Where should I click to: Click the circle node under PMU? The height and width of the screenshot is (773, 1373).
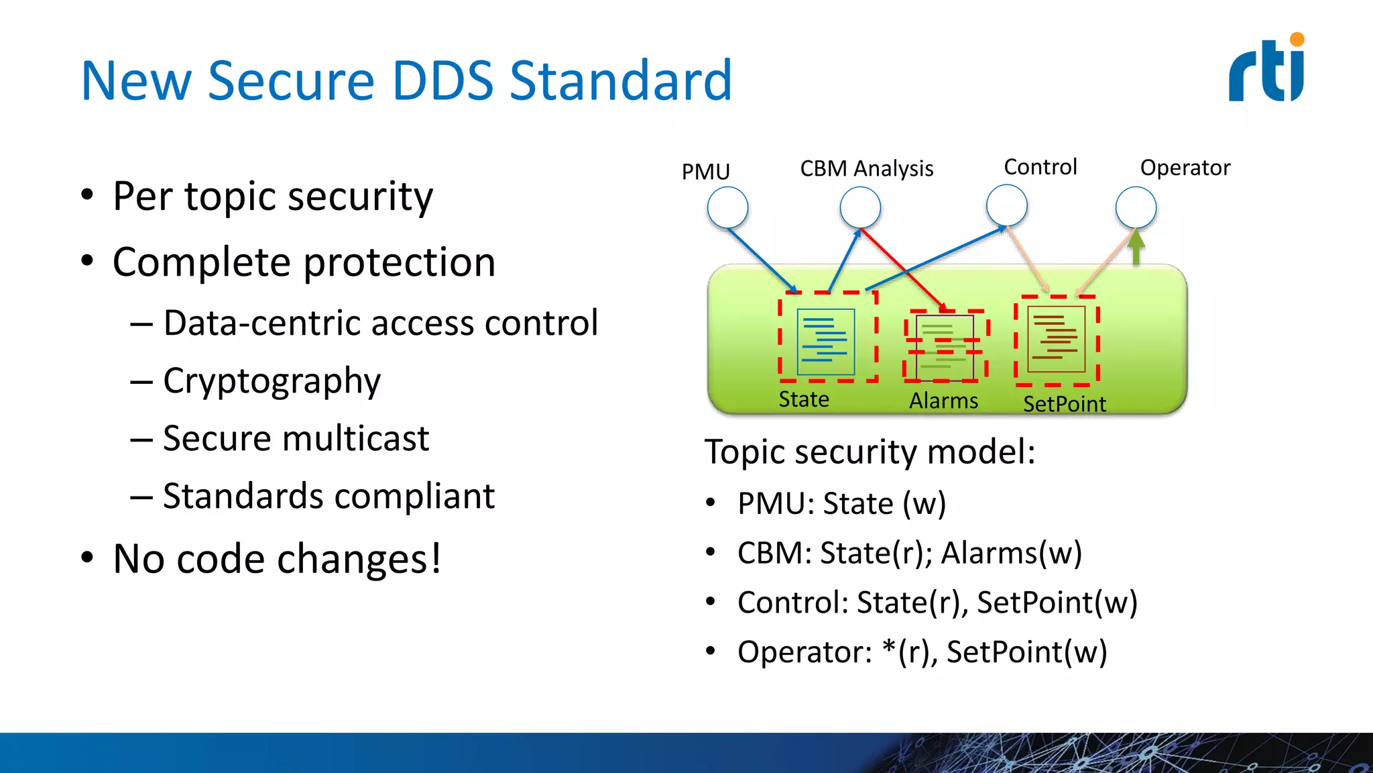(x=727, y=207)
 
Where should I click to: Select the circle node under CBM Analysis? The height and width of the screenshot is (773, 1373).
(x=860, y=207)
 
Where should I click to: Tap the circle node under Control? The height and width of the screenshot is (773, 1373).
(x=1006, y=205)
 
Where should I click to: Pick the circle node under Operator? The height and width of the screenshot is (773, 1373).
(x=1136, y=207)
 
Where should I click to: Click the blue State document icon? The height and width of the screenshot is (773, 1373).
(x=826, y=342)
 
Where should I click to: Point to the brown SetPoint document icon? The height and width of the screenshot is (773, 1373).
(x=1057, y=339)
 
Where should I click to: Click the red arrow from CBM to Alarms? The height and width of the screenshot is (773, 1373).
(x=902, y=268)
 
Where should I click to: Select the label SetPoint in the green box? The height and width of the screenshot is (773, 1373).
(x=1064, y=404)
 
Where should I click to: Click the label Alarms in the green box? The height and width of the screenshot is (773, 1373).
(x=943, y=401)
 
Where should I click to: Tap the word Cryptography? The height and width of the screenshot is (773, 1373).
(x=272, y=381)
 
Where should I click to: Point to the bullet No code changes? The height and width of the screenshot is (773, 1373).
(x=276, y=559)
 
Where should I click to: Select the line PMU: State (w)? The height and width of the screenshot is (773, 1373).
(x=841, y=503)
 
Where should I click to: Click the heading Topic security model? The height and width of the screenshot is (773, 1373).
(x=870, y=452)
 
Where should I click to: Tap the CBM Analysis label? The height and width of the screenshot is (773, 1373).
(x=866, y=168)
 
